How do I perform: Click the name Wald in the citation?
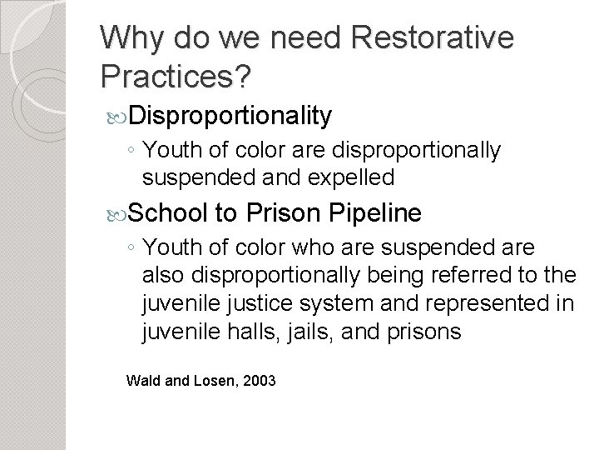(x=141, y=381)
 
